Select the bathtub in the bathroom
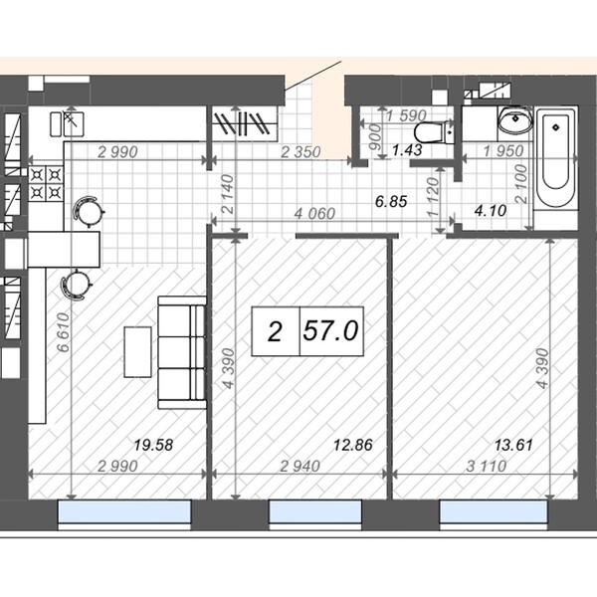[x=556, y=158]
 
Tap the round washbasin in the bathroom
[x=515, y=120]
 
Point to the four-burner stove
[x=46, y=184]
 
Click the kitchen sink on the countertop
[x=67, y=124]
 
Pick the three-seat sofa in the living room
[x=182, y=352]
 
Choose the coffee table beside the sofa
[x=138, y=352]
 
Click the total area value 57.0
[x=330, y=330]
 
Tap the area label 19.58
[x=153, y=445]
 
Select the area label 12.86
[x=353, y=445]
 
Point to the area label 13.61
[x=513, y=445]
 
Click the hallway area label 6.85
[x=391, y=201]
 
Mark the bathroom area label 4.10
[x=491, y=211]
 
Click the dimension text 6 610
[x=64, y=332]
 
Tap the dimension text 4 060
[x=314, y=214]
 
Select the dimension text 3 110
[x=487, y=466]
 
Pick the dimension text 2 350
[x=300, y=152]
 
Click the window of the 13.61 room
[x=494, y=511]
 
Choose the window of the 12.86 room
[x=315, y=511]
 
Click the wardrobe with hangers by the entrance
[x=245, y=123]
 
